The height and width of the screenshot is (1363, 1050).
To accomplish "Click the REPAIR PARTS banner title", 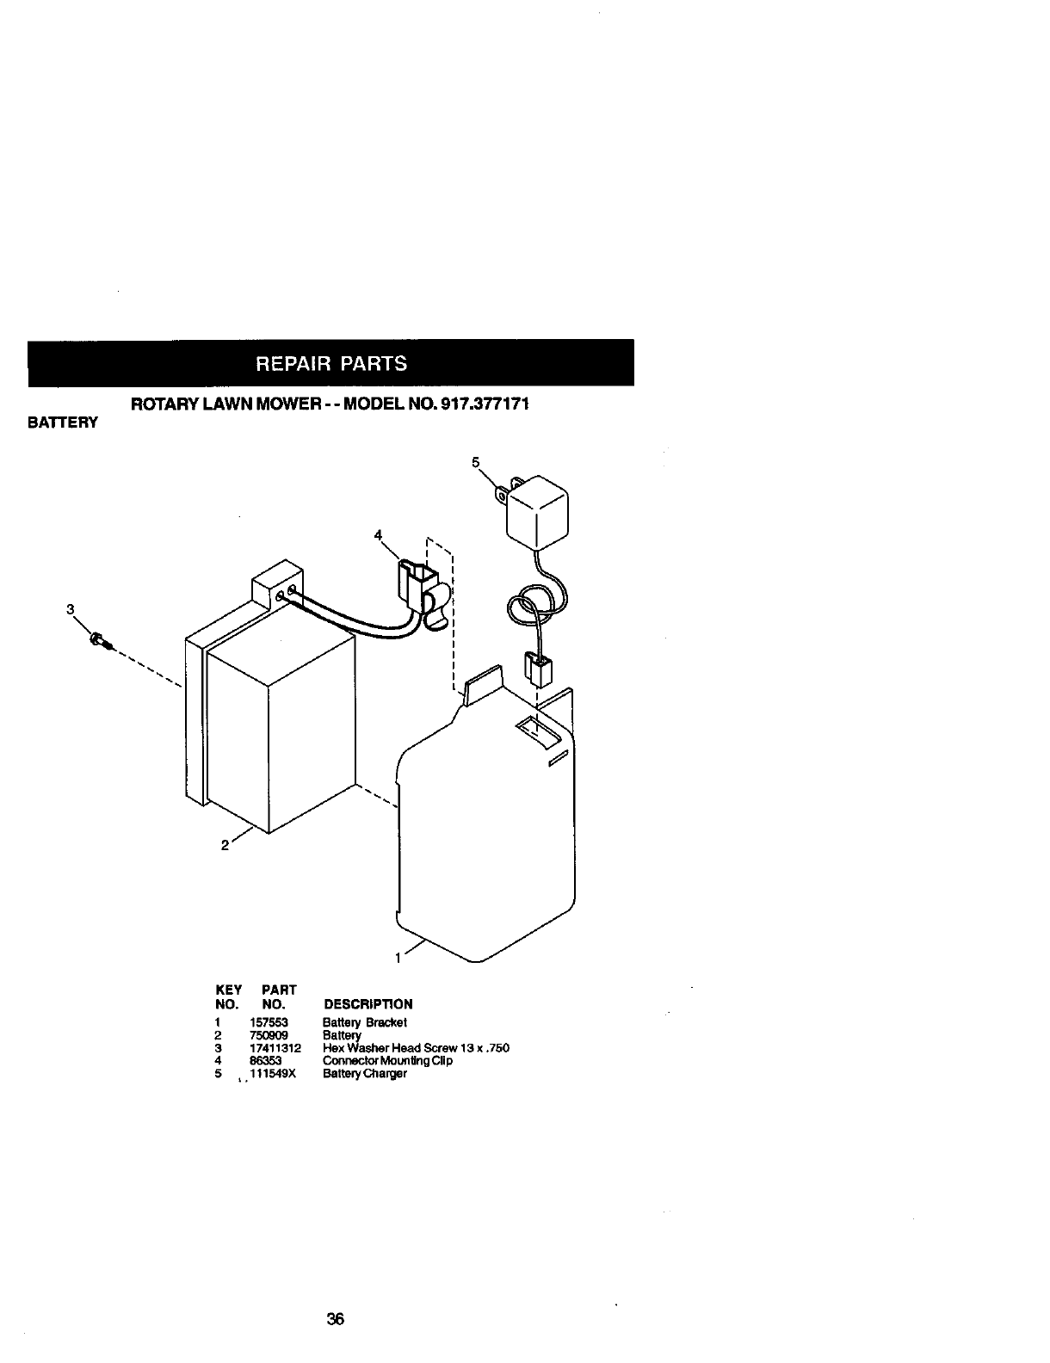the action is coord(330,362).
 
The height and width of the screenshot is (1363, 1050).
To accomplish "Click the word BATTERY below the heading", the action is coord(64,422).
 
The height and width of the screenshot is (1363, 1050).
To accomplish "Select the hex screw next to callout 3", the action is coord(99,639).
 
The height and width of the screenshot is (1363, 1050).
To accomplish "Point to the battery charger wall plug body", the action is coord(537,516).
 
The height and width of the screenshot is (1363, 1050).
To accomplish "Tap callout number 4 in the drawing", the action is coord(377,535).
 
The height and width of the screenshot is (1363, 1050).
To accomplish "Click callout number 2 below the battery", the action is coord(224,845).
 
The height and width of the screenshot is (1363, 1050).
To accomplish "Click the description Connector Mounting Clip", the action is coord(387,1061).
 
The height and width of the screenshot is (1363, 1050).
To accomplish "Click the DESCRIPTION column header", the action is coord(367,1004).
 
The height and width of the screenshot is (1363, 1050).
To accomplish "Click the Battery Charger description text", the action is coord(364,1074).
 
